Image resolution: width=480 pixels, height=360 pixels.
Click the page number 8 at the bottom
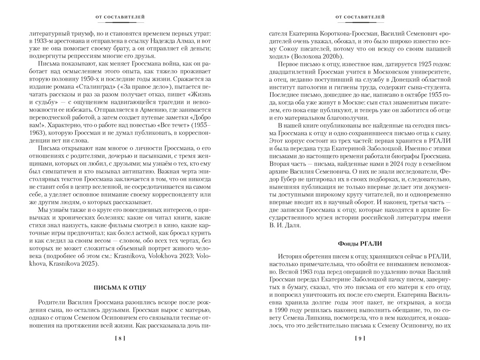120,338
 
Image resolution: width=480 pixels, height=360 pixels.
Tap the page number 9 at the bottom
360,338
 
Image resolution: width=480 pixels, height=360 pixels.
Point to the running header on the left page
120,17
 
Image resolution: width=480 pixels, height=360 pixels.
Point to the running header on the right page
360,17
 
